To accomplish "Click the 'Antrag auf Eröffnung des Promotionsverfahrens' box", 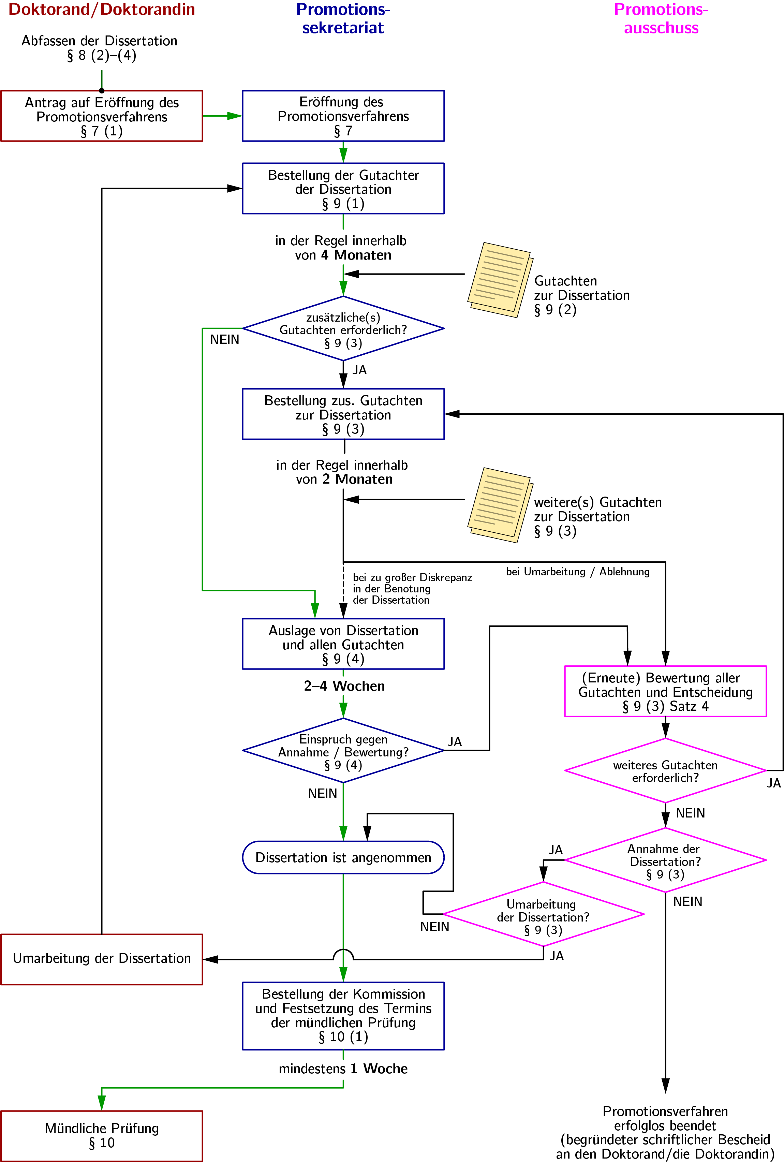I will point(102,116).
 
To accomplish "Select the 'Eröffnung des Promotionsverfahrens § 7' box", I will point(343,116).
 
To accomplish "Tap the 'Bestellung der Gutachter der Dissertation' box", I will point(343,189).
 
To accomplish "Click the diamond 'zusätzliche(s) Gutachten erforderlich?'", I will point(343,328).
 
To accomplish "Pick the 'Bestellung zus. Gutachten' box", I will point(343,414).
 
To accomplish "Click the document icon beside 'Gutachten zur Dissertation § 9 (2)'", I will point(500,280).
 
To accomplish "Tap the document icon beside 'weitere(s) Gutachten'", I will point(500,505).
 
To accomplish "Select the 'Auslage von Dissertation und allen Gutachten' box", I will point(343,644).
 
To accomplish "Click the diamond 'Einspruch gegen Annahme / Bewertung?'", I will point(343,751).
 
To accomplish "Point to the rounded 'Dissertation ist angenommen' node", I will point(343,857).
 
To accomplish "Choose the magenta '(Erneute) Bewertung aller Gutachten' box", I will point(665,692).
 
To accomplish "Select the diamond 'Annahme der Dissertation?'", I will point(665,860).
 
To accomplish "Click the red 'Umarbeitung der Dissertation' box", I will point(102,959).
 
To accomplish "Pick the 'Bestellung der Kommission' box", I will point(343,1016).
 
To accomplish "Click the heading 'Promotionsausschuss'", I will point(661,18).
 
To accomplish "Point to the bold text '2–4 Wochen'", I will point(344,686).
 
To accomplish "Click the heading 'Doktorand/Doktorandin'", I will point(102,10).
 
